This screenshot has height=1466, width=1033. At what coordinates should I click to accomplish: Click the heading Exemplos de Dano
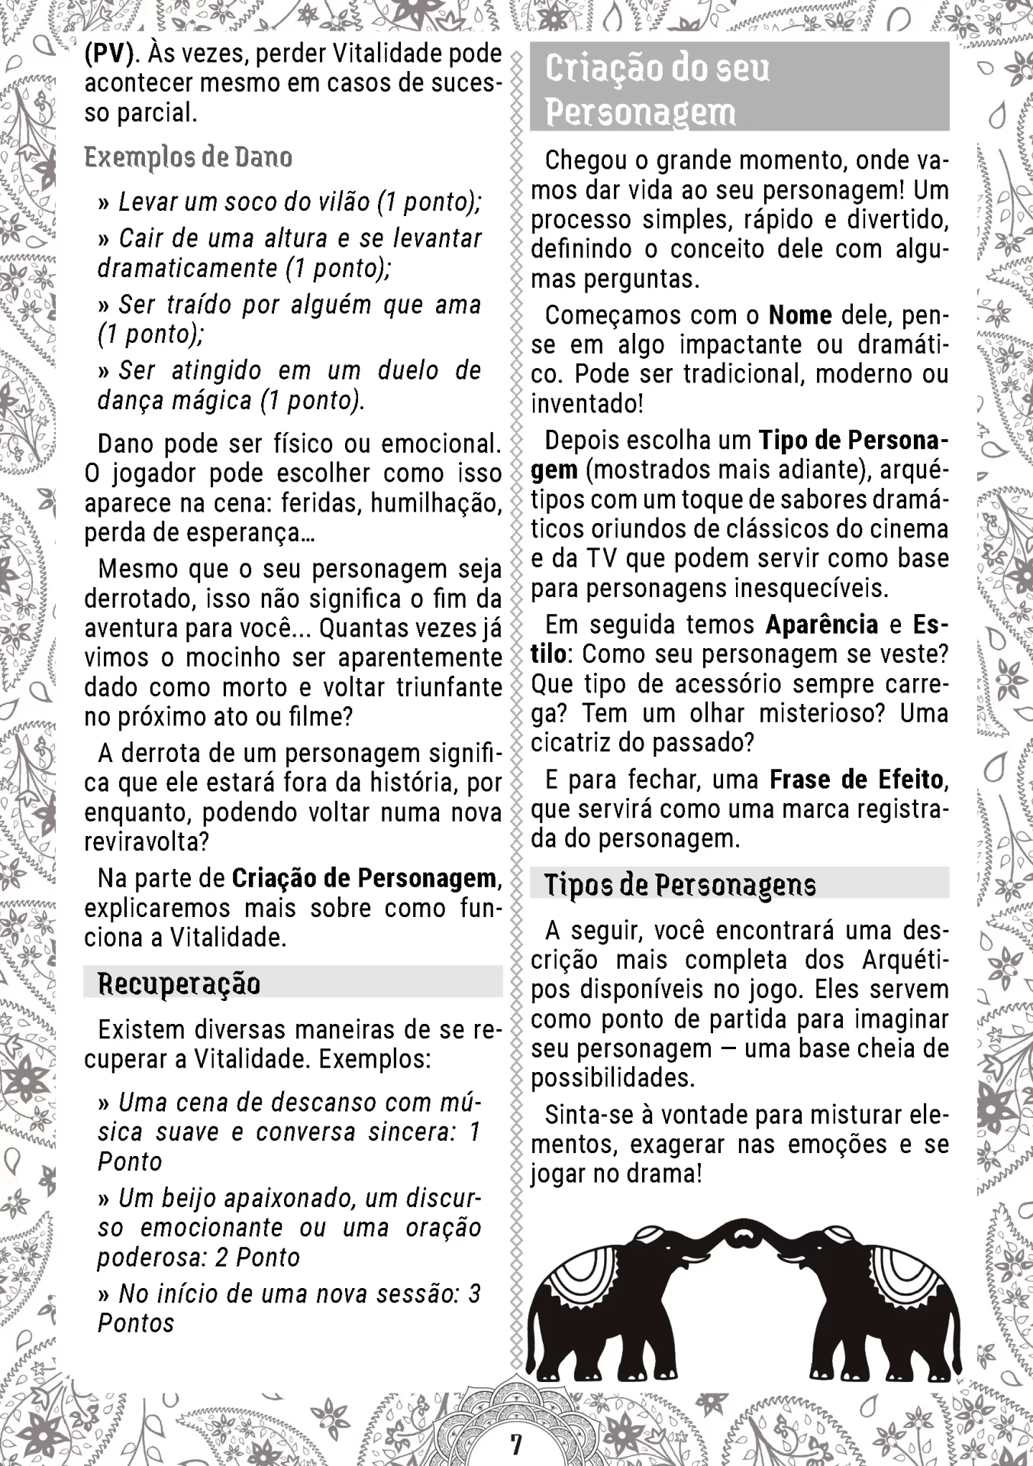[x=188, y=157]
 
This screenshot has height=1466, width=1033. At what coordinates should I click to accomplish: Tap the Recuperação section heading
[x=179, y=983]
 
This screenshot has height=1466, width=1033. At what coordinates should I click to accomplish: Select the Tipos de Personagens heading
[x=680, y=884]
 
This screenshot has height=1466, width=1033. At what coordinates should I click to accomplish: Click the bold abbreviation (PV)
[x=110, y=54]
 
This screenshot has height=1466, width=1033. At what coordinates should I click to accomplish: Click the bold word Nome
[x=800, y=315]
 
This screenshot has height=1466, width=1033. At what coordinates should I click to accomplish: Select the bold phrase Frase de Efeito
[x=857, y=780]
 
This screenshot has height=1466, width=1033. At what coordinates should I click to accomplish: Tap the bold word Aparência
[x=822, y=625]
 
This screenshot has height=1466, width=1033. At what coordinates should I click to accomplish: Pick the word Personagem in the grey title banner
[x=640, y=112]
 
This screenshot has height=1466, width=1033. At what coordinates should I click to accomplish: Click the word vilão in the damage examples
[x=338, y=202]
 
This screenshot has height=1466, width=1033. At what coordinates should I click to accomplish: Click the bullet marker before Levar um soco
[x=105, y=203]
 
